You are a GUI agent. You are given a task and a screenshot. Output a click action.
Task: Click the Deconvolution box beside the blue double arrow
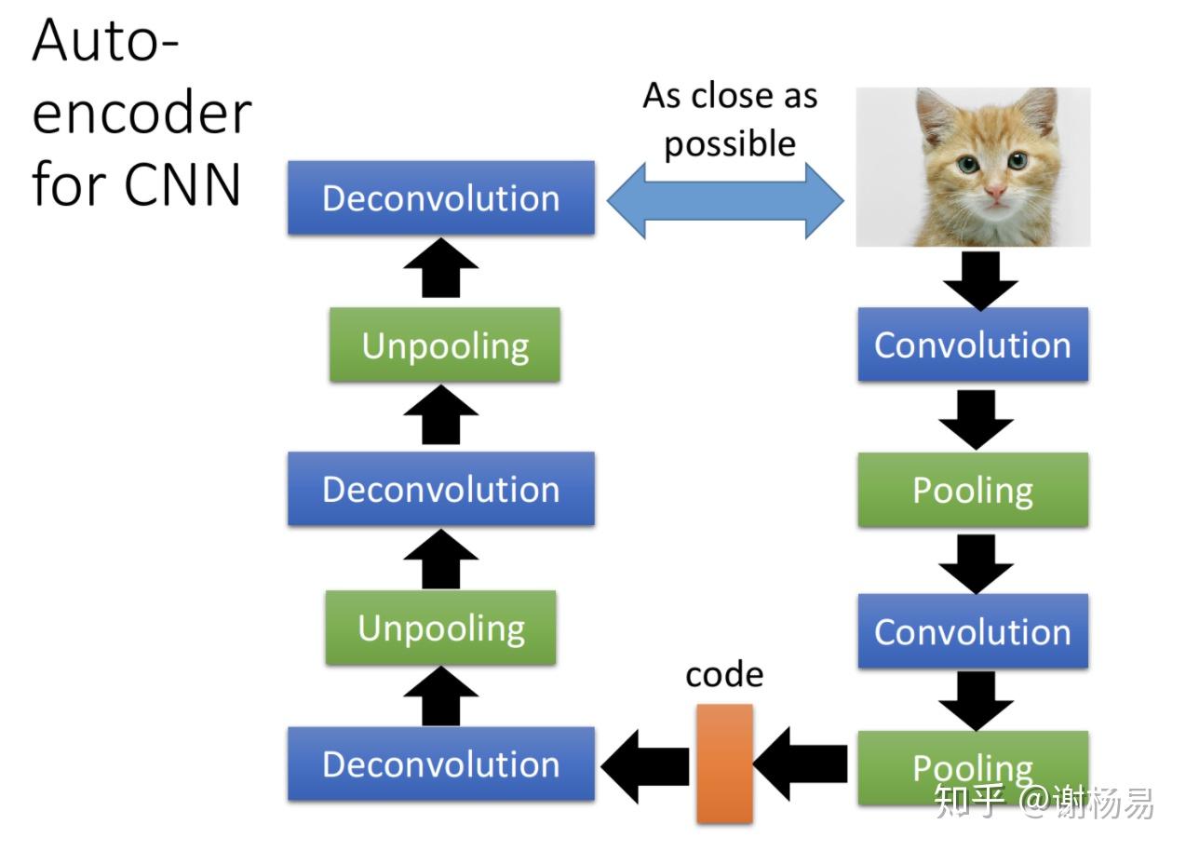(440, 197)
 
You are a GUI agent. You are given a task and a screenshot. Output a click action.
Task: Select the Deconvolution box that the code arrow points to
(440, 763)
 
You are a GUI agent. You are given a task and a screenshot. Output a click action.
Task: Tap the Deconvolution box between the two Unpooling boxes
(440, 489)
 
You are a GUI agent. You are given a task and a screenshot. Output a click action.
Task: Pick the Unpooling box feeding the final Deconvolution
(444, 344)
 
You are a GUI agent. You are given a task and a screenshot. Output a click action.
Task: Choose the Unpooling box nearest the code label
(440, 628)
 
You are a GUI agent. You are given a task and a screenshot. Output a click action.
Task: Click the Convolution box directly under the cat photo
(972, 344)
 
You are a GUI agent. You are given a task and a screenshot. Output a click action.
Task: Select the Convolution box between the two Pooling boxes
(972, 631)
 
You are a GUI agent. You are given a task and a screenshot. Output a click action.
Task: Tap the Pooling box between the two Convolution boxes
(972, 490)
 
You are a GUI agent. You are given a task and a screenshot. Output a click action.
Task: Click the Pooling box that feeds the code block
(972, 767)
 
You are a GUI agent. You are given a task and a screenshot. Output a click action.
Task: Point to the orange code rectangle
(724, 763)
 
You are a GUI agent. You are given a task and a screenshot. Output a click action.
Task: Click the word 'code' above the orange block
(724, 674)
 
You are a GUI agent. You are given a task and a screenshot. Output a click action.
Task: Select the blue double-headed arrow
(724, 200)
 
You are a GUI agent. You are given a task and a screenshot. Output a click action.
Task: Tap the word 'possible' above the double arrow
(730, 144)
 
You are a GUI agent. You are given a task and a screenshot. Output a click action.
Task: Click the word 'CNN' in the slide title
(182, 184)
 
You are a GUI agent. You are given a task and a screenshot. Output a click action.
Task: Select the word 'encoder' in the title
(142, 114)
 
